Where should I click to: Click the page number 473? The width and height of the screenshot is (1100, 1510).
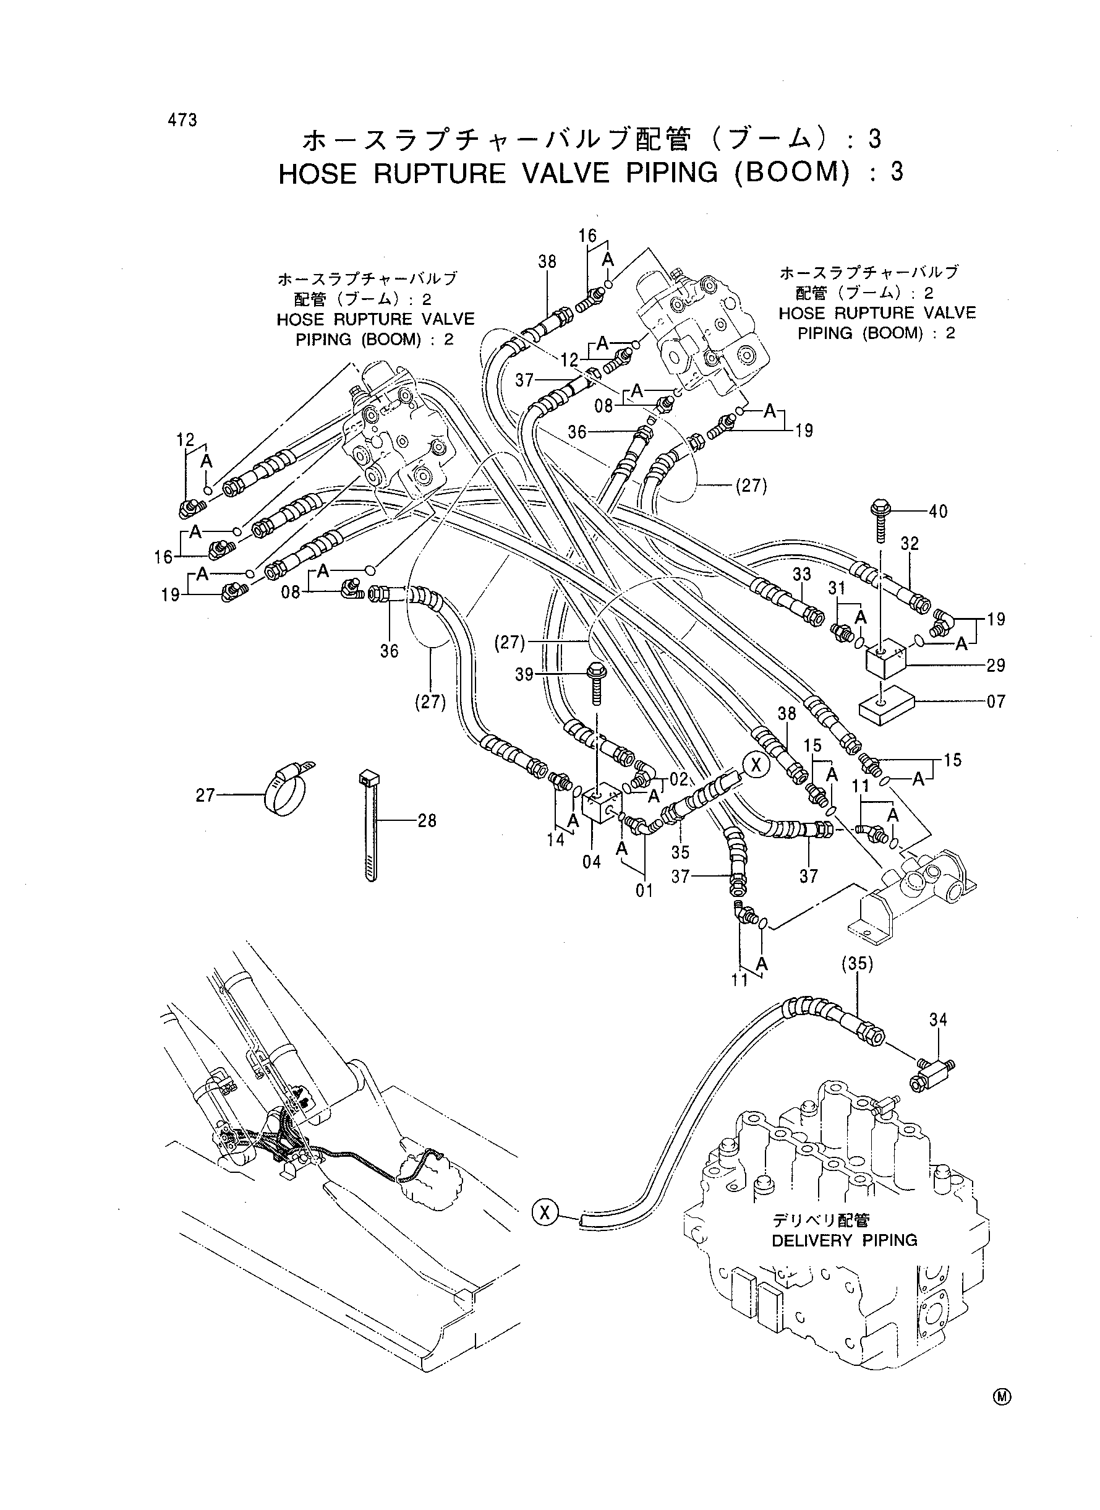click(182, 121)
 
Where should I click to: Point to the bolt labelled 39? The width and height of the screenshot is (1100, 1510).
click(595, 683)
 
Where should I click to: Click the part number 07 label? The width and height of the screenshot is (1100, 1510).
click(996, 701)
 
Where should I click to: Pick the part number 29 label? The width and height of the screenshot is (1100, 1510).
click(996, 666)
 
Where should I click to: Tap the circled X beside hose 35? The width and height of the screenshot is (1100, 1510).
click(756, 765)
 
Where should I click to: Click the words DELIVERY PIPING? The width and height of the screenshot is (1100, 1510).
click(844, 1240)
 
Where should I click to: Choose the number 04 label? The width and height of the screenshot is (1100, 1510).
click(591, 862)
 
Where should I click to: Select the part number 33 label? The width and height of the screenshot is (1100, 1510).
click(802, 573)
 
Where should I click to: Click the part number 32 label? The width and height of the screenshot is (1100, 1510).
click(910, 544)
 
